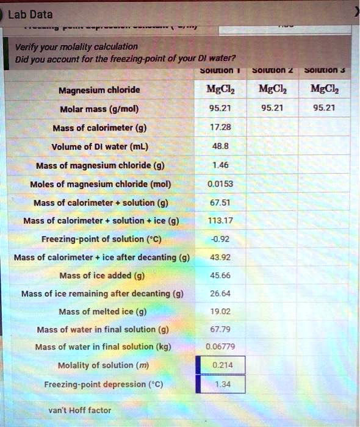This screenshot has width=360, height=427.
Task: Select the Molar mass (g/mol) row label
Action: click(x=99, y=109)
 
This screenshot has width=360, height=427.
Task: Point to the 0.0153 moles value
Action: click(x=220, y=184)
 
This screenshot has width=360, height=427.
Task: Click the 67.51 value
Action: click(x=221, y=203)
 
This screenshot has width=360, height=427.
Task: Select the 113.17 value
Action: click(x=221, y=221)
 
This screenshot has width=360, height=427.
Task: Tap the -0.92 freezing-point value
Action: click(x=221, y=239)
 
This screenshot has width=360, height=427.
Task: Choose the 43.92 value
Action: click(x=221, y=257)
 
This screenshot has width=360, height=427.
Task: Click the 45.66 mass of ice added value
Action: click(x=221, y=275)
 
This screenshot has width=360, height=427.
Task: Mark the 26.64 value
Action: click(x=221, y=293)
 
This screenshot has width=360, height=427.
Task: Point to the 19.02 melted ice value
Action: click(x=221, y=312)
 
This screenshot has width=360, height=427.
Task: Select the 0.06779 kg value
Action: click(x=220, y=348)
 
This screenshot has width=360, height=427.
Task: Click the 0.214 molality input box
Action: click(x=221, y=366)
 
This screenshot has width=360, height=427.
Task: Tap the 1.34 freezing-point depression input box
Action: click(x=221, y=384)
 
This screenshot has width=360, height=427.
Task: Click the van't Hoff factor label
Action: click(x=79, y=411)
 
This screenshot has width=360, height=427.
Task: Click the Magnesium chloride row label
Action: click(x=99, y=91)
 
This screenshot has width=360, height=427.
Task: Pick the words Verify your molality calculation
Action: click(x=77, y=46)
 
